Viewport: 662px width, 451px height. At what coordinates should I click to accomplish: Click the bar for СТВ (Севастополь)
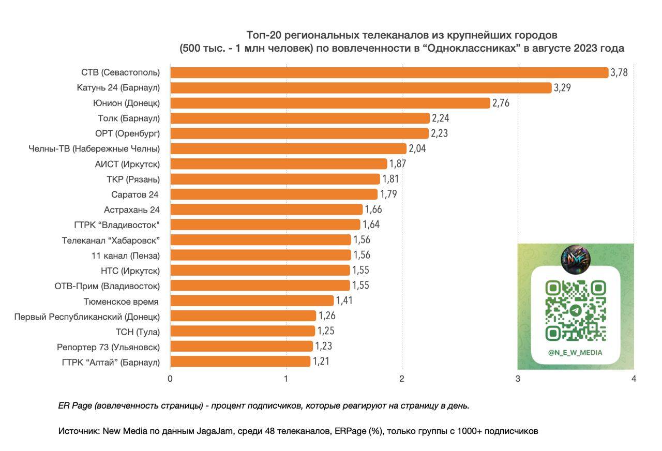pos(389,72)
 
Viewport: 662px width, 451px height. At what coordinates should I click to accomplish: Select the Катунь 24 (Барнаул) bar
pos(360,88)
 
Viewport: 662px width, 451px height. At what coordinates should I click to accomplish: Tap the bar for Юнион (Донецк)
pos(330,103)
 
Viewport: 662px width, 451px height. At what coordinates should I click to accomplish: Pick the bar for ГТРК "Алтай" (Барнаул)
pos(240,362)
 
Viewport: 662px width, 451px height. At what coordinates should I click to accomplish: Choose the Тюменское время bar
pos(252,300)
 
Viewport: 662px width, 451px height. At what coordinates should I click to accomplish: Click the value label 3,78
pos(619,72)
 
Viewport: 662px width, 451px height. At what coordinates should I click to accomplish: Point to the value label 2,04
pos(417,149)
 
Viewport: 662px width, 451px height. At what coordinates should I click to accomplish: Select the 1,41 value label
pos(344,300)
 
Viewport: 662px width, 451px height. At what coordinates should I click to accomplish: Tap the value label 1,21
pos(321,362)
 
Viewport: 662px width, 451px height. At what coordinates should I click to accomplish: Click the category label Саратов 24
pos(135,194)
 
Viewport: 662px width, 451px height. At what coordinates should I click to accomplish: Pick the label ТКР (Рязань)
pos(133,179)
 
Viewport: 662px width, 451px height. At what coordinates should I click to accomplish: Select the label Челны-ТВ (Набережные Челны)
pos(94,149)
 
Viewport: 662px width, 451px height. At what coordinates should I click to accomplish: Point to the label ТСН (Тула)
pos(138,332)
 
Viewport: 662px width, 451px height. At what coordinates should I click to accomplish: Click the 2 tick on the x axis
pos(402,379)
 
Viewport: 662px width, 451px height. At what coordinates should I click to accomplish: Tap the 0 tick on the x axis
pos(170,379)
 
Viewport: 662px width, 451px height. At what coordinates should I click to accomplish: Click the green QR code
pos(575,310)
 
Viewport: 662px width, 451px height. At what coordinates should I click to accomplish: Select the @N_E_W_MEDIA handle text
pos(575,353)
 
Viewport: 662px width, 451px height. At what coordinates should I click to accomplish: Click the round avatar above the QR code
pos(575,259)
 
